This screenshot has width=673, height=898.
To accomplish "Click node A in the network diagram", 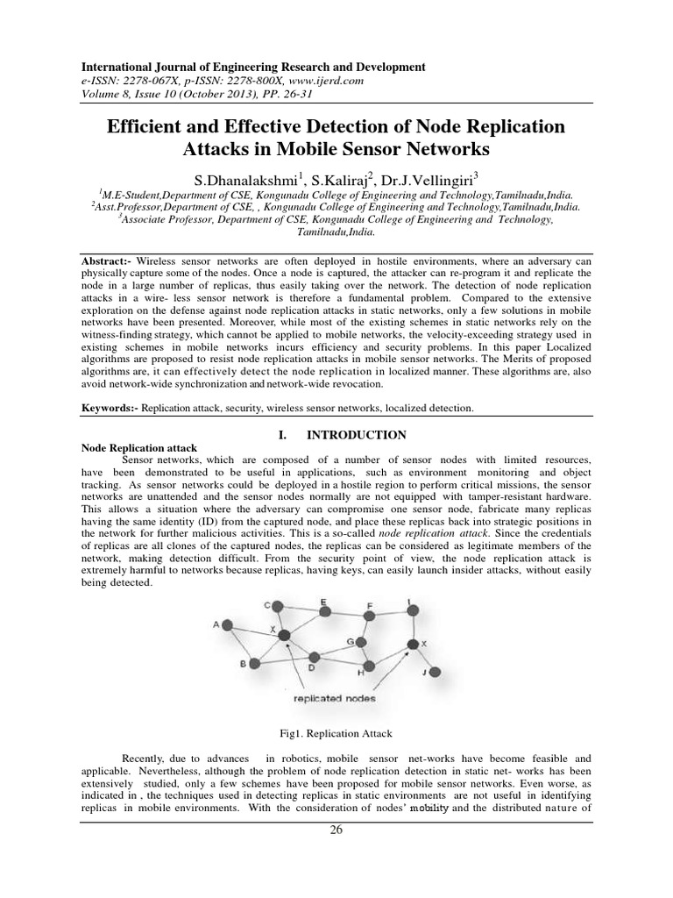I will [x=228, y=625].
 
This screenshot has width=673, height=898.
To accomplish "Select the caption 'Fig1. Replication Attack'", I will [x=335, y=733].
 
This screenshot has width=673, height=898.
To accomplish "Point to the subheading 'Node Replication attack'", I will [x=133, y=447].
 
